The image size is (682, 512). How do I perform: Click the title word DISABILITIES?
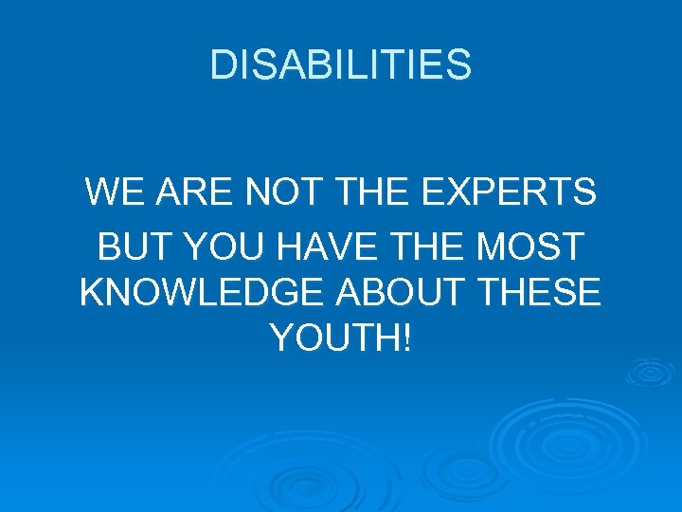(x=340, y=65)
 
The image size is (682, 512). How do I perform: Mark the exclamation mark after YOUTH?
(x=407, y=338)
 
